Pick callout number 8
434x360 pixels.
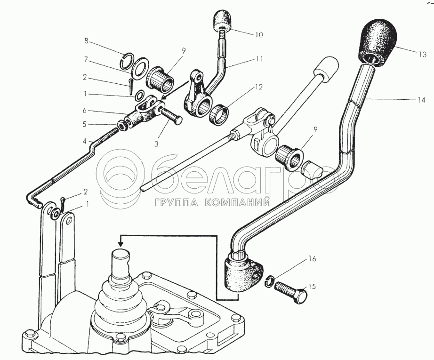tap(86, 41)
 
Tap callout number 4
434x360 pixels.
tap(86, 141)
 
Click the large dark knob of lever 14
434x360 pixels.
tap(378, 41)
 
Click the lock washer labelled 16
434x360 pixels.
tap(269, 281)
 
